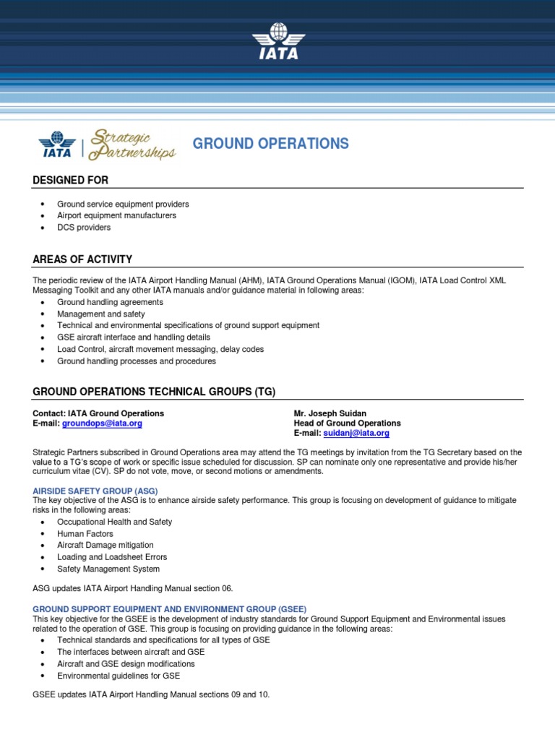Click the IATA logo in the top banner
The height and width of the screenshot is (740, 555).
(277, 43)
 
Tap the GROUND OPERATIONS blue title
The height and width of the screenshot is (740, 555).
(270, 144)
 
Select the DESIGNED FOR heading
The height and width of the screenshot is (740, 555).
(71, 180)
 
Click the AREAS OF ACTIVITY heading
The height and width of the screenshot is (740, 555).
(82, 259)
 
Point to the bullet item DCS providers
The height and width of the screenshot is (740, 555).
(84, 227)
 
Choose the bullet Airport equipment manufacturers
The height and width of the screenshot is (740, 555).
(116, 215)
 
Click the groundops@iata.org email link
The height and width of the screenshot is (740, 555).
(102, 423)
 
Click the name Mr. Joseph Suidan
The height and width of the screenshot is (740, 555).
(330, 413)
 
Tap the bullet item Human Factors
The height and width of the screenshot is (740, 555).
(85, 533)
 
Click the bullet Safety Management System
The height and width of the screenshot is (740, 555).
(108, 569)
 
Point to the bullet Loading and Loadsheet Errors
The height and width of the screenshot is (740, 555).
(112, 557)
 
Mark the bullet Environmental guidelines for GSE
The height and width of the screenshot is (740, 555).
(119, 676)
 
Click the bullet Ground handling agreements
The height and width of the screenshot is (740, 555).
(110, 302)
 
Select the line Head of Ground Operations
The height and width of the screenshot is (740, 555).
(347, 423)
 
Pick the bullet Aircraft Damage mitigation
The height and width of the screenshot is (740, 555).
(106, 545)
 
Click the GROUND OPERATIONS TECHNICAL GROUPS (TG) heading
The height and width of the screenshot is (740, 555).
(154, 392)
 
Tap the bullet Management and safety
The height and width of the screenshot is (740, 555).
(101, 314)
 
